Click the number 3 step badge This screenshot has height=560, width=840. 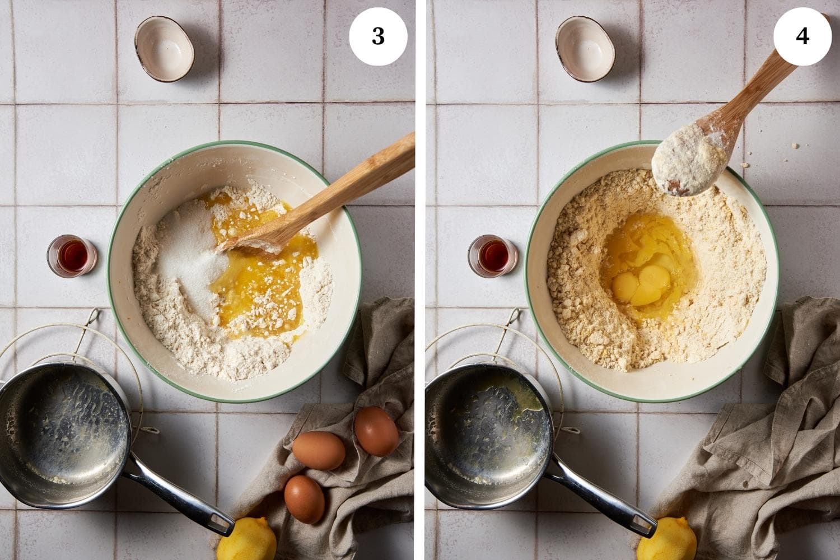pyautogui.click(x=378, y=36)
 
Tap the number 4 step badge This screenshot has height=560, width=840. pyautogui.click(x=802, y=36)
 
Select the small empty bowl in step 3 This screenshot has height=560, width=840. pyautogui.click(x=165, y=49)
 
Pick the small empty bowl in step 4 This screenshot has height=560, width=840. pyautogui.click(x=585, y=49)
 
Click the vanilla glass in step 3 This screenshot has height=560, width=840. pyautogui.click(x=72, y=256)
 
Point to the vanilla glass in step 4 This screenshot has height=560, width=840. pyautogui.click(x=493, y=256)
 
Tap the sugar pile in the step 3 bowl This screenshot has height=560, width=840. pyautogui.click(x=192, y=255)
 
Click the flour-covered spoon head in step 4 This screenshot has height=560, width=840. pyautogui.click(x=689, y=160)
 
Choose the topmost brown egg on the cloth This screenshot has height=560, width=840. pyautogui.click(x=376, y=431)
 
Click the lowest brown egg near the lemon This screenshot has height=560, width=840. pyautogui.click(x=305, y=500)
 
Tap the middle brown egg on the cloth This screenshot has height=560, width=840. pyautogui.click(x=319, y=450)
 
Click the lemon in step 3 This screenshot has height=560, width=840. pyautogui.click(x=247, y=539)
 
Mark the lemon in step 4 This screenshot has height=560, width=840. pyautogui.click(x=667, y=539)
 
